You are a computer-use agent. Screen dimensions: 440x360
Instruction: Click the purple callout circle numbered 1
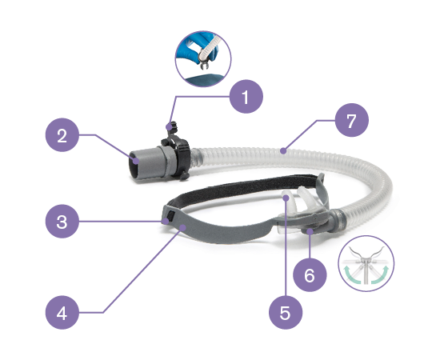tap(246, 97)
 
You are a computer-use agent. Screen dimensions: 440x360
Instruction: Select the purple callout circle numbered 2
tap(62, 135)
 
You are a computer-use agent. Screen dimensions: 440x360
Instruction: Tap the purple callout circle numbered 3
tap(62, 222)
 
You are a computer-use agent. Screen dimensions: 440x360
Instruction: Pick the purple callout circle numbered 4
tap(62, 312)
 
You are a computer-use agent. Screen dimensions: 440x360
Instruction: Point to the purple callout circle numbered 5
tap(286, 312)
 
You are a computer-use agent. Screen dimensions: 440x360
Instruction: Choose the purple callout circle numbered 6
tap(310, 274)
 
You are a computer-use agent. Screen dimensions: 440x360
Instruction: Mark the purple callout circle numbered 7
tap(352, 120)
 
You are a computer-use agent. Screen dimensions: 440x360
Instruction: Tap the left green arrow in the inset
tap(352, 274)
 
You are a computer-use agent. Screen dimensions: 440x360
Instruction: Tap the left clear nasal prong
tap(290, 201)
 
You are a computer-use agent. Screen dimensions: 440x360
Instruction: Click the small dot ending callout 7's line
tap(283, 151)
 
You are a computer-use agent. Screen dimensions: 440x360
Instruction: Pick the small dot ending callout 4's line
tap(183, 227)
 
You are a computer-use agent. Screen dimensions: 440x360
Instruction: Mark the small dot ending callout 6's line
tap(310, 231)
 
